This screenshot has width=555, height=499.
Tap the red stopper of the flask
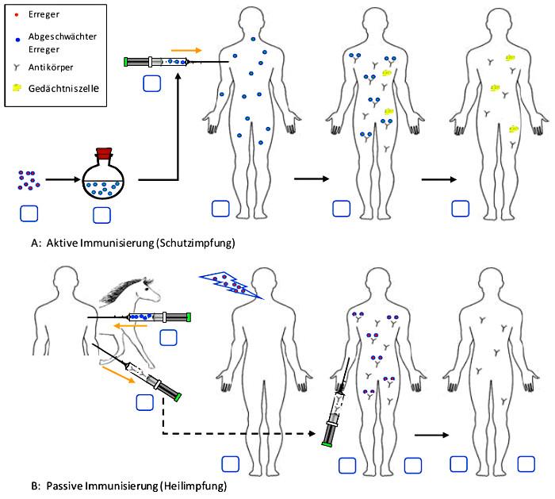tap(104, 155)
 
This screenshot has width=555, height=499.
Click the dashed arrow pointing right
tap(238, 433)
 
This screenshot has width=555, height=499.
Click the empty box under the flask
tap(101, 214)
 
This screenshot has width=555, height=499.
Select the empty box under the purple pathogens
tap(29, 213)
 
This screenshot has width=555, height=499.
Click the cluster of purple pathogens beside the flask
tap(29, 179)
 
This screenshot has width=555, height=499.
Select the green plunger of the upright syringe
tap(327, 443)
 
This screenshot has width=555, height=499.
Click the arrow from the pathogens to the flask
tap(60, 180)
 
